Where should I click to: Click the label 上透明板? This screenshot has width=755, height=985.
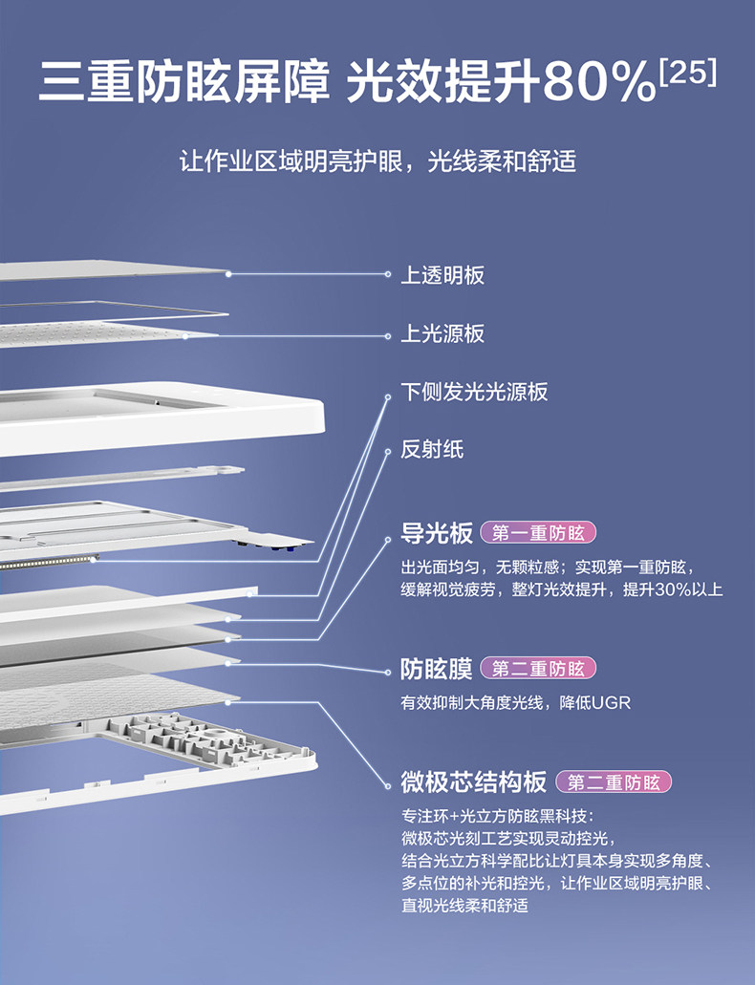pyautogui.click(x=442, y=275)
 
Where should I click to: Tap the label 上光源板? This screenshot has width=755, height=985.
pyautogui.click(x=442, y=333)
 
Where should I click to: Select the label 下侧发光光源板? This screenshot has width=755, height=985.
pyautogui.click(x=473, y=392)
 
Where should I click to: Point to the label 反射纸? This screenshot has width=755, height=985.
pyautogui.click(x=431, y=449)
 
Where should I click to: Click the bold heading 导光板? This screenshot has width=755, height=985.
pyautogui.click(x=437, y=532)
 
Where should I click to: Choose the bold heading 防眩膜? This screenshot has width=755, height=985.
pyautogui.click(x=437, y=668)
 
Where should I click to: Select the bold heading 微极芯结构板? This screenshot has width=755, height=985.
pyautogui.click(x=474, y=782)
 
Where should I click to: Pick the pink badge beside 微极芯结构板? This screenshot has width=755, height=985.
pyautogui.click(x=614, y=782)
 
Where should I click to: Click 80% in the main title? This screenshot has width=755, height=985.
pyautogui.click(x=598, y=83)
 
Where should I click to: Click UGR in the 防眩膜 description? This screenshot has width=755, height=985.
pyautogui.click(x=612, y=703)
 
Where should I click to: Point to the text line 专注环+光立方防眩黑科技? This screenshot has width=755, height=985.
pyautogui.click(x=498, y=817)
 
